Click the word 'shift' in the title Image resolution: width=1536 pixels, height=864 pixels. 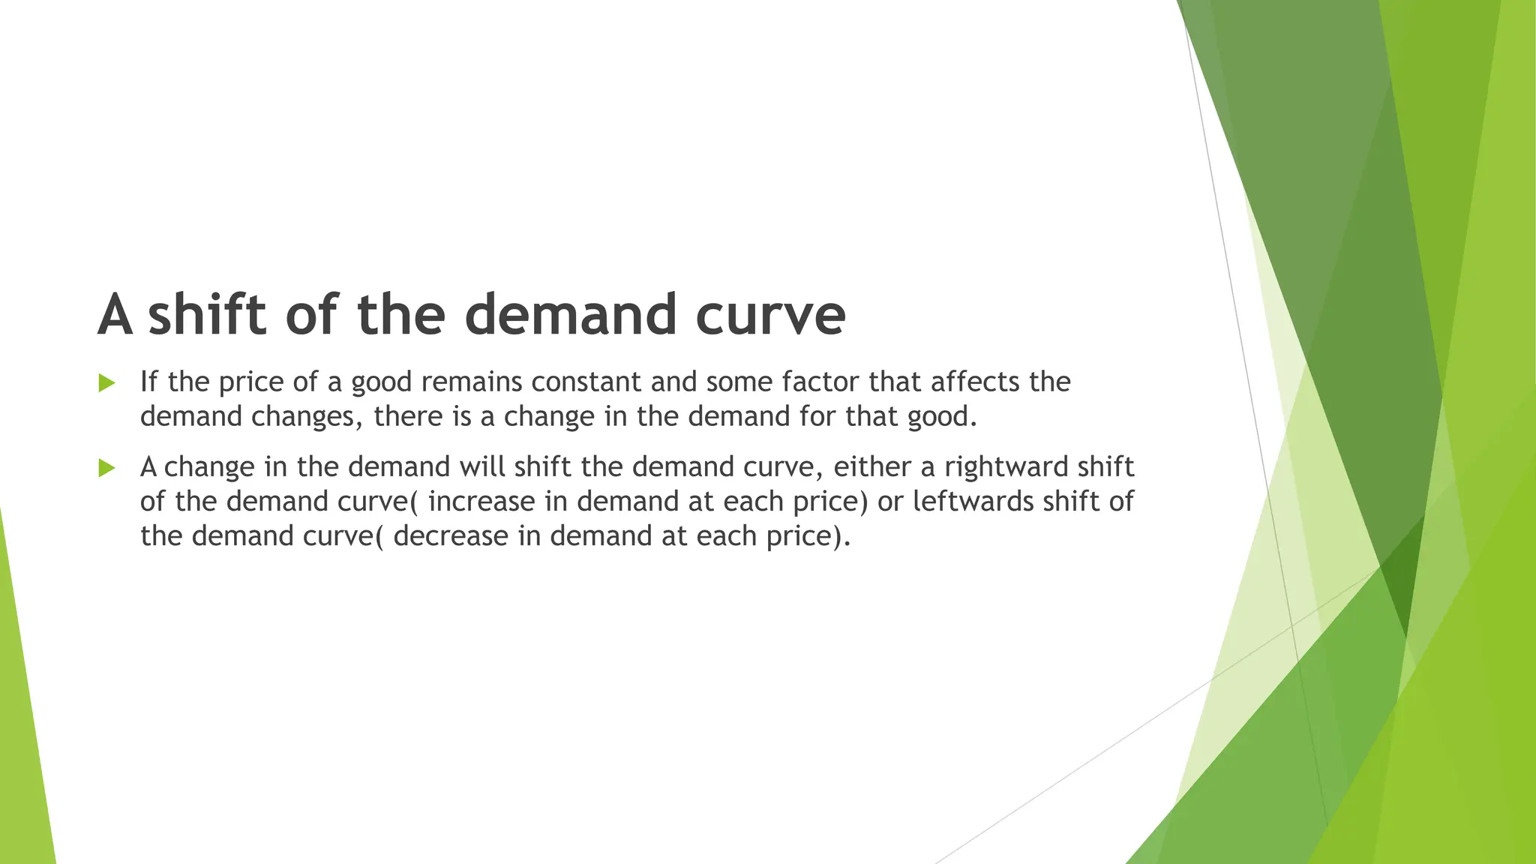(x=206, y=314)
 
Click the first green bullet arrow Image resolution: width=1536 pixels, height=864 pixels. (x=106, y=383)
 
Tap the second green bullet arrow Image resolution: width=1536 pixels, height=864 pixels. (x=106, y=469)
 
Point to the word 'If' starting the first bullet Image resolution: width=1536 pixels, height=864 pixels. (x=149, y=382)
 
